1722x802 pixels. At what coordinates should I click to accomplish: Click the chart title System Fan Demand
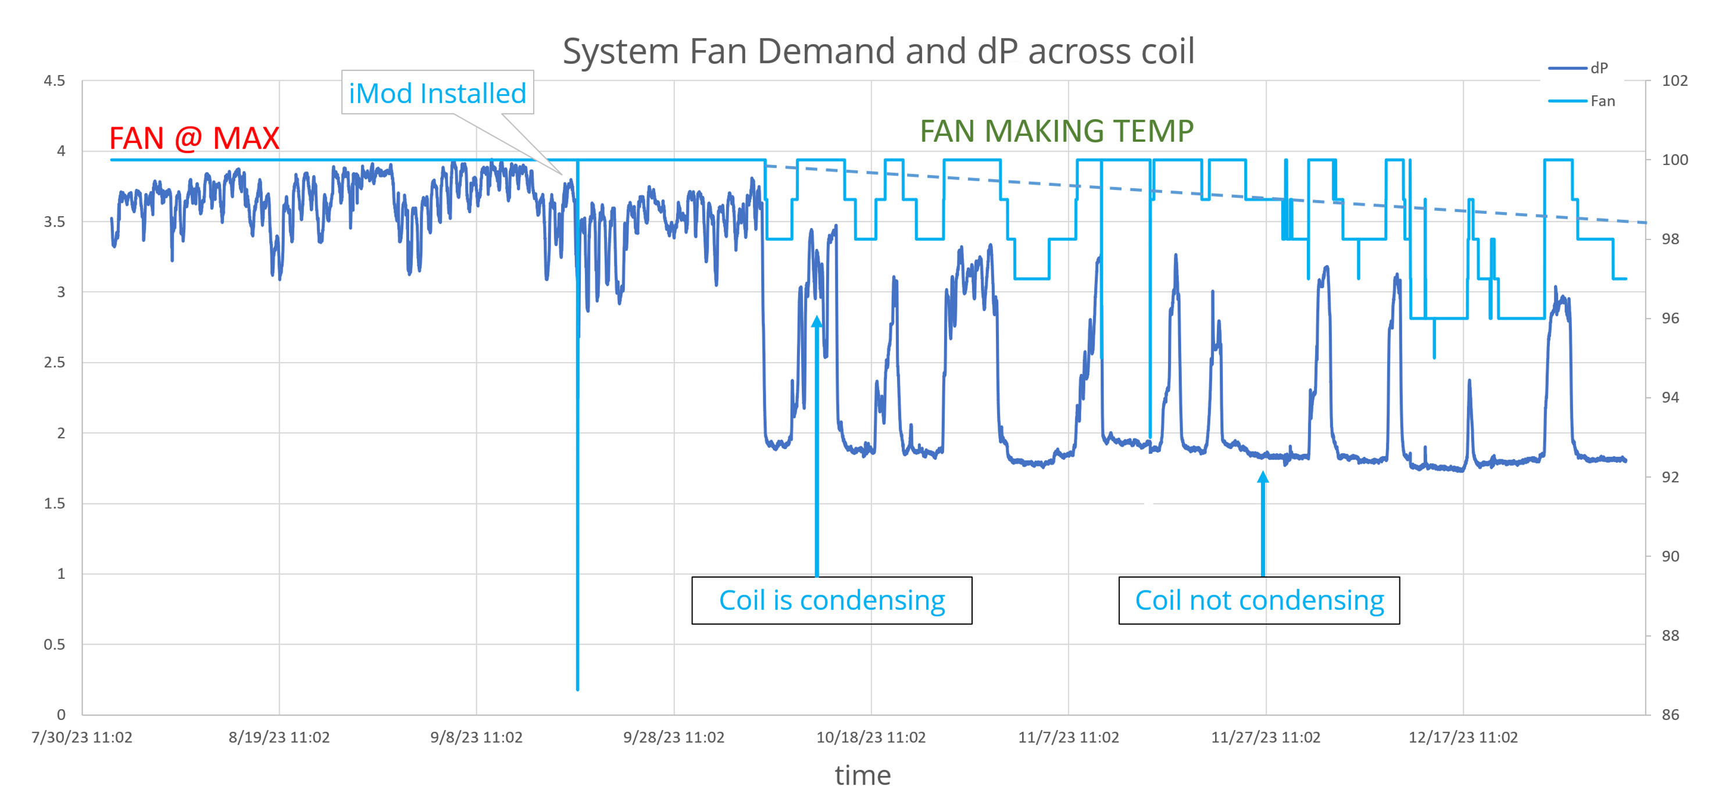pos(878,52)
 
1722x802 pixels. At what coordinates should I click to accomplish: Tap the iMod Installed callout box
pos(437,93)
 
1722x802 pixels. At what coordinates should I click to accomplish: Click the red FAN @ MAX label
pos(194,138)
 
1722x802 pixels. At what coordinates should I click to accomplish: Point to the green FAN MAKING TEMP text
pos(1056,131)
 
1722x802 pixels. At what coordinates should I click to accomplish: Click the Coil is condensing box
pos(831,600)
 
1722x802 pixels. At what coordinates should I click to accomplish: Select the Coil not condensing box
pos(1259,600)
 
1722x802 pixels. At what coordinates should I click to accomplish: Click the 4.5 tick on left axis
pos(54,81)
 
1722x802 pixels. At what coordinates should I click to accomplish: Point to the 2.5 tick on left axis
pos(54,362)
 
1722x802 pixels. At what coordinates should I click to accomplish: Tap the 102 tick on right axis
pos(1674,81)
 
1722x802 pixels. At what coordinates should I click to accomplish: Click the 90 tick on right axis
pos(1670,556)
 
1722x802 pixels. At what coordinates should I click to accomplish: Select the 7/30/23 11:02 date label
pos(81,737)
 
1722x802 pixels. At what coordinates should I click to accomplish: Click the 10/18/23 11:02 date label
pos(870,737)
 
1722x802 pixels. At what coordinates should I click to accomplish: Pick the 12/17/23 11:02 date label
pos(1463,737)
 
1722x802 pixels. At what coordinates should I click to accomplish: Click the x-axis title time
pos(862,775)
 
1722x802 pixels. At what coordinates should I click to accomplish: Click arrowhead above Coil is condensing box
pos(817,322)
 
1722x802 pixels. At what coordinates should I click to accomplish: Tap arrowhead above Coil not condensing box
pos(1263,477)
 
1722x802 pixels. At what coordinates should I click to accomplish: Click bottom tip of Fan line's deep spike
pos(577,688)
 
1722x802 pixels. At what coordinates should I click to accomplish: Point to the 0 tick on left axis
pos(61,714)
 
